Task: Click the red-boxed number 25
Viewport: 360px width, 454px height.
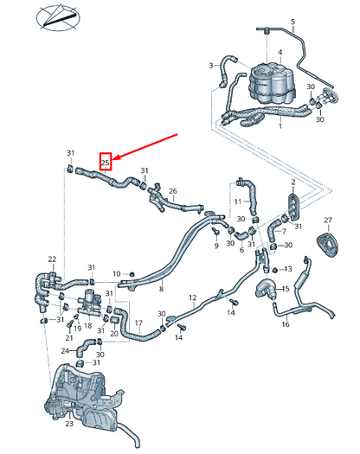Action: click(106, 161)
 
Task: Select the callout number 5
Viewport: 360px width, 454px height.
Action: click(292, 21)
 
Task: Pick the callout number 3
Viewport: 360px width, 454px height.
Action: click(210, 66)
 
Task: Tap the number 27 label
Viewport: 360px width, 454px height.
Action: click(328, 221)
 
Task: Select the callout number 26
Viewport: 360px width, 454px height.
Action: click(172, 191)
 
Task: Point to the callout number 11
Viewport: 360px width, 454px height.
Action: click(236, 201)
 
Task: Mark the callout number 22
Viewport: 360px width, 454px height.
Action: click(52, 259)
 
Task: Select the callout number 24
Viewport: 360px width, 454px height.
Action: click(65, 351)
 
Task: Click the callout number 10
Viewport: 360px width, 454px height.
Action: click(116, 274)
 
